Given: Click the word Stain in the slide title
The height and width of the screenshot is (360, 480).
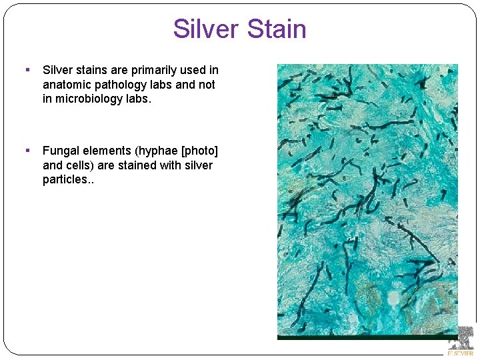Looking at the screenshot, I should [277, 29].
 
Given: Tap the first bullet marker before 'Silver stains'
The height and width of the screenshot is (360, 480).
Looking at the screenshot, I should [27, 69].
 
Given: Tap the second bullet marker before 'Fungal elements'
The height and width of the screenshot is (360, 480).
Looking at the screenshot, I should [27, 151].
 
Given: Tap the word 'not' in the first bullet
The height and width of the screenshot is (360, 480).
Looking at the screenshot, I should [207, 85].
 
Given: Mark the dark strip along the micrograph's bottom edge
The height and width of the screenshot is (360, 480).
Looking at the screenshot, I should [367, 337].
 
